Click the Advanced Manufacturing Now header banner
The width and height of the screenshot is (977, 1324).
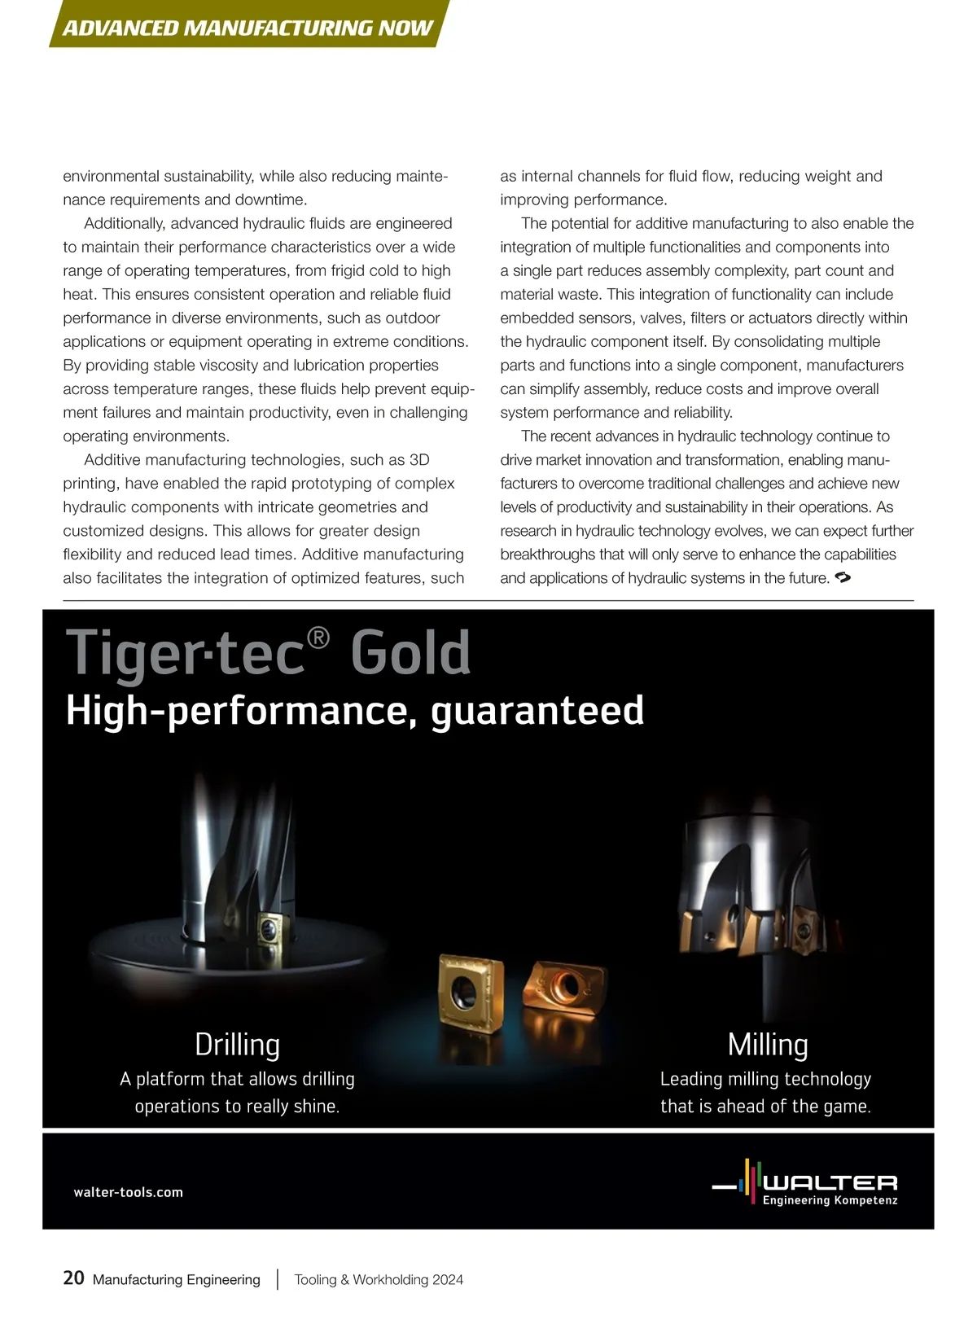point(248,28)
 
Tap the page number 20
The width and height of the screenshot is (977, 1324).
point(73,1278)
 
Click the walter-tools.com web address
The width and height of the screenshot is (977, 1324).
point(128,1192)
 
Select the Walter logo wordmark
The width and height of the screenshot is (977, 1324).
point(830,1182)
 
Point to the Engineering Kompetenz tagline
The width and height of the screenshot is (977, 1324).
point(830,1200)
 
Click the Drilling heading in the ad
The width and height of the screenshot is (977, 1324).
point(237,1044)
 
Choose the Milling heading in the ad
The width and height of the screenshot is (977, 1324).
point(767,1044)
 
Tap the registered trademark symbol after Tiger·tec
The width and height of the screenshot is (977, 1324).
point(318,638)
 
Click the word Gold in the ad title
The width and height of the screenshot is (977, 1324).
point(410,653)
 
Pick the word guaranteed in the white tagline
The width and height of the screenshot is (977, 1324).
point(537,710)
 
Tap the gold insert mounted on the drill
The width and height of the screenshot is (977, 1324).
point(268,928)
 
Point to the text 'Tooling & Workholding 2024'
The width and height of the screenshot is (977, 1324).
point(379,1279)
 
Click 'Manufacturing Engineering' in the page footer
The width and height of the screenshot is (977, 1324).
point(176,1279)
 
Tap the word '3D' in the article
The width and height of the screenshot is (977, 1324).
point(418,460)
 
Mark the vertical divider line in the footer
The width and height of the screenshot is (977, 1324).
point(278,1278)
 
